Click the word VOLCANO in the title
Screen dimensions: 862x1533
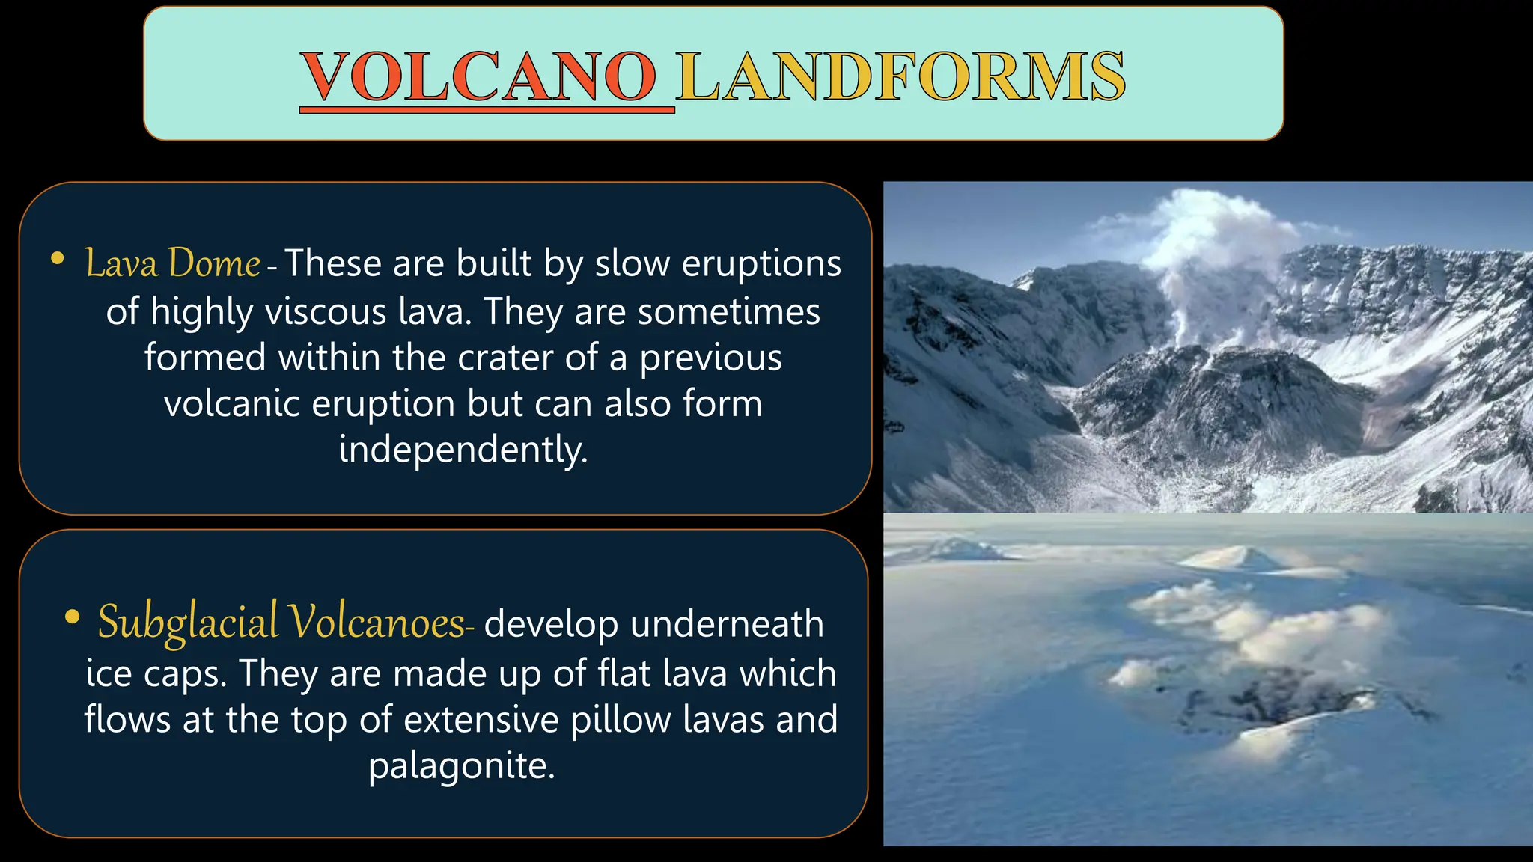[479, 77]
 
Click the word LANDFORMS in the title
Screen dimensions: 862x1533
[900, 77]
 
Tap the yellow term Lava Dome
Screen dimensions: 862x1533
[172, 263]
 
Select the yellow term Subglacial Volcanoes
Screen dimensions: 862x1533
[281, 623]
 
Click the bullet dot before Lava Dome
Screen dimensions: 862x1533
[57, 259]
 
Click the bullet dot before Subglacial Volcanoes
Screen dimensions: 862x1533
[72, 617]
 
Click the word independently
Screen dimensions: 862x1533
[463, 449]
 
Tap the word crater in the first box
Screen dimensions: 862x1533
[504, 358]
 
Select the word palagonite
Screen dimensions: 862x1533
[462, 765]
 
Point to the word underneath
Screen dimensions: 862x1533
[727, 623]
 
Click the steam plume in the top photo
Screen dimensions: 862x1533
[1213, 239]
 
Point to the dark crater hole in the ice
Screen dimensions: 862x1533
[1273, 700]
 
